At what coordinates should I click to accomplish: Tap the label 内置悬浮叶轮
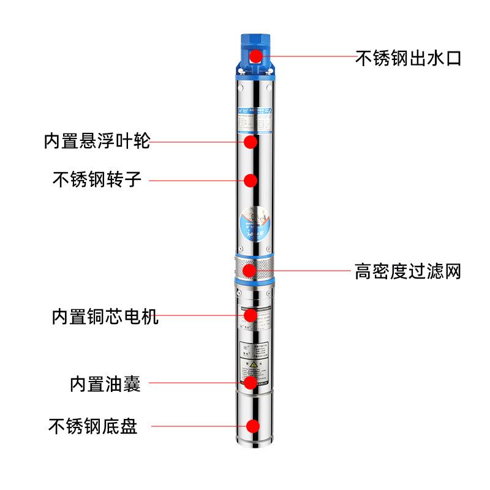tap(96, 141)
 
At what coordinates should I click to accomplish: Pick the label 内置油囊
tap(105, 384)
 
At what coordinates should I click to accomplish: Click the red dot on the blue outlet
tap(256, 56)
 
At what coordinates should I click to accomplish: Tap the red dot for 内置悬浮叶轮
tap(250, 141)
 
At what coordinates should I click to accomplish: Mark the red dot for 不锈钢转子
tap(250, 180)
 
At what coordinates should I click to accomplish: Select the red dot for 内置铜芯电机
tap(250, 315)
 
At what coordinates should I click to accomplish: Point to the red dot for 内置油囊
tap(250, 383)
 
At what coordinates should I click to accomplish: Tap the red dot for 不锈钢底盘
tap(252, 426)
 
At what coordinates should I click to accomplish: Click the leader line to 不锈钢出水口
tap(306, 57)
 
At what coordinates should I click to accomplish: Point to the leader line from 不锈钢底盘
tap(196, 426)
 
